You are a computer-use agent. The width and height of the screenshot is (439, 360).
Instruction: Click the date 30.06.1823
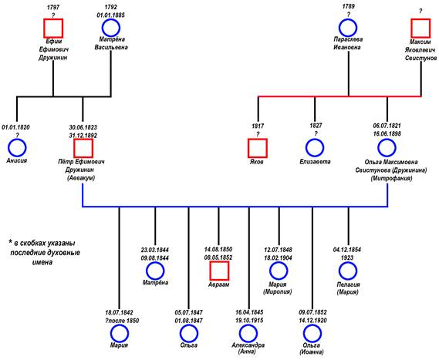pyautogui.click(x=83, y=127)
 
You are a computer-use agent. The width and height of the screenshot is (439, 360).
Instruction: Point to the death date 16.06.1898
pyautogui.click(x=387, y=133)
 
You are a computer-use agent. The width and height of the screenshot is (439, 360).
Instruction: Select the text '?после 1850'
pyautogui.click(x=122, y=321)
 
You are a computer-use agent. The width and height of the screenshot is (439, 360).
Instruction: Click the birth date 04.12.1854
pyautogui.click(x=347, y=250)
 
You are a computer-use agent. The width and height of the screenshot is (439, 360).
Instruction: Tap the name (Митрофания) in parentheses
pyautogui.click(x=391, y=178)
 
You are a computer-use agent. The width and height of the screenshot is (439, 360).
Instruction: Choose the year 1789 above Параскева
pyautogui.click(x=348, y=6)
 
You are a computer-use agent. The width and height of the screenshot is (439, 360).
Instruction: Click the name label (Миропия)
pyautogui.click(x=278, y=291)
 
